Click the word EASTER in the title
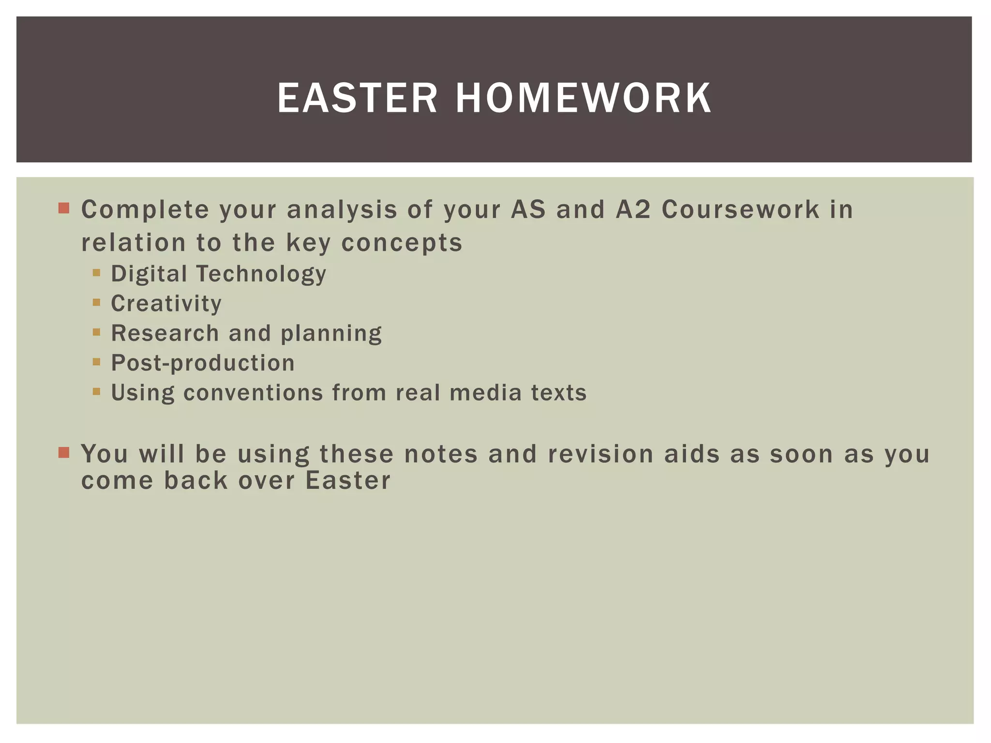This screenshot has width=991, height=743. pyautogui.click(x=357, y=99)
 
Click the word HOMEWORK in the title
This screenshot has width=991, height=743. pyautogui.click(x=583, y=99)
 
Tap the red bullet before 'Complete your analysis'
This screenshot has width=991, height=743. pyautogui.click(x=64, y=208)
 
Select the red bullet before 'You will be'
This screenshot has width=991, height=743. pyautogui.click(x=64, y=452)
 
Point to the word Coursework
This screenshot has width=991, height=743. pyautogui.click(x=740, y=209)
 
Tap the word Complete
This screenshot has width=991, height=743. pyautogui.click(x=145, y=209)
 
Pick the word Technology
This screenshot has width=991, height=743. pyautogui.click(x=261, y=274)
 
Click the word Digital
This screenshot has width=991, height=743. pyautogui.click(x=149, y=274)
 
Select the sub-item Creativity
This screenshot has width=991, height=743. pyautogui.click(x=166, y=304)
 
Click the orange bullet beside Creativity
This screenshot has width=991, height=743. pyautogui.click(x=96, y=302)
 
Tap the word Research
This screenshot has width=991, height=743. pyautogui.click(x=165, y=333)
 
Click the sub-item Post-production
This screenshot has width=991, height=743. pyautogui.click(x=203, y=363)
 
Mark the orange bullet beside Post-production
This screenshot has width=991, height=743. pyautogui.click(x=96, y=361)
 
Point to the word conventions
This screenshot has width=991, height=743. pyautogui.click(x=253, y=393)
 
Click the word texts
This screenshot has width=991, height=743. pyautogui.click(x=559, y=393)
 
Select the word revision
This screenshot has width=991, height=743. pyautogui.click(x=601, y=454)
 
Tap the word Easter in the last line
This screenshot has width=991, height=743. pyautogui.click(x=347, y=481)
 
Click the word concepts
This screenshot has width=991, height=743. pyautogui.click(x=402, y=243)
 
